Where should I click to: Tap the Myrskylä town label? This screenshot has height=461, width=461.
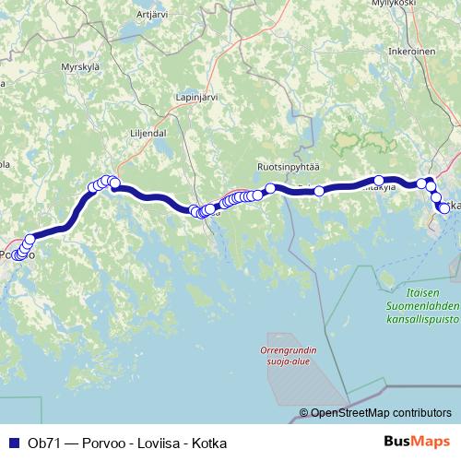point(79,66)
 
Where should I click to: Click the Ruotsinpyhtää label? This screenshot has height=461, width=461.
point(288,167)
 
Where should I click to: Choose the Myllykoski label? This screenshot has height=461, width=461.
point(420,4)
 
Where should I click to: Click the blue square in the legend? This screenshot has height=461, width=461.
point(14,443)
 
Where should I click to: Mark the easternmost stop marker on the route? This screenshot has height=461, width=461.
point(444,208)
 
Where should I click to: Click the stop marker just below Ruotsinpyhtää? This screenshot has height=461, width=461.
point(270,188)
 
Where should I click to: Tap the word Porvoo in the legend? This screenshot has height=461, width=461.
point(102,443)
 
